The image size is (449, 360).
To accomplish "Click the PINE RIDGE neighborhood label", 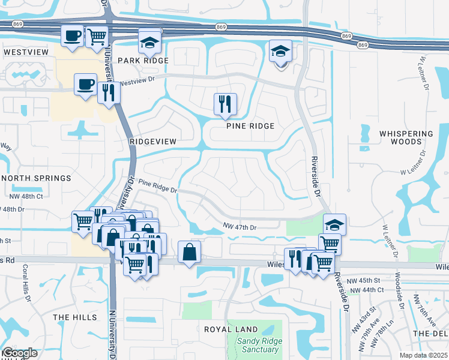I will coord(250,126).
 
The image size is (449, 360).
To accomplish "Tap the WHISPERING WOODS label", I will coord(406,137).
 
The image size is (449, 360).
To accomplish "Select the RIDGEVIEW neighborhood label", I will coord(153,141).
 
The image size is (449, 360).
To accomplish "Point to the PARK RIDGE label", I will coord(143,61).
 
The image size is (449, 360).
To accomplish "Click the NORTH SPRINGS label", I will coord(36,178).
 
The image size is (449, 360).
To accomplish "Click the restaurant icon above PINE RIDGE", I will coord(225,104).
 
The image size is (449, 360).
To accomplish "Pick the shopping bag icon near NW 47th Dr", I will coord(189,253).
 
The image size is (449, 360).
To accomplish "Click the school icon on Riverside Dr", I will coord(334,225).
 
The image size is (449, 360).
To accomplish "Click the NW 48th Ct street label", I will coord(26,196).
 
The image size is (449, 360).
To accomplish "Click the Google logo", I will coord(19,353).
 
